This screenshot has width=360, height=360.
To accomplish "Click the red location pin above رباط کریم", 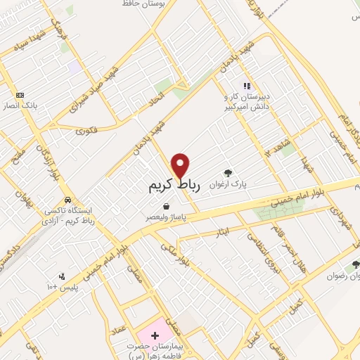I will coord(181,166).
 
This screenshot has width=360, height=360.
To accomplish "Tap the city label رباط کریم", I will coord(175,186).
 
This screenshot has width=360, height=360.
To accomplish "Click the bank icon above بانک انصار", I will coord(20,95).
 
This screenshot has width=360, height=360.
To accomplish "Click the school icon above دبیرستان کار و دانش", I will coord(247,86).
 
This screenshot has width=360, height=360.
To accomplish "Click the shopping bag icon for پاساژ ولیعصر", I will coord(165,207).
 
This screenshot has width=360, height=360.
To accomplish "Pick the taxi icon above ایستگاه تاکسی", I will coord(67,199).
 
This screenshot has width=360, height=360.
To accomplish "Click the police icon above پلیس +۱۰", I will coord(61,276).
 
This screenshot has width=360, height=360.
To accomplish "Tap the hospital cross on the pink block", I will coord(155,336).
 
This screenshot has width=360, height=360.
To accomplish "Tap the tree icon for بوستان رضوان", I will coord(355,265).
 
